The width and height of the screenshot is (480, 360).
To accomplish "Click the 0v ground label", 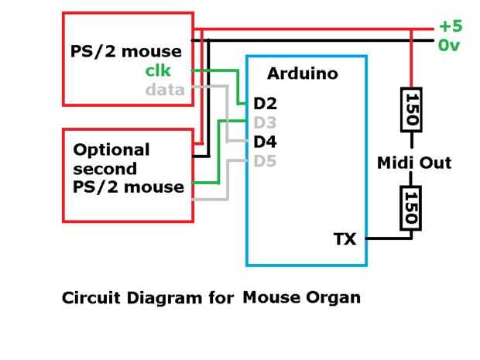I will (450, 46).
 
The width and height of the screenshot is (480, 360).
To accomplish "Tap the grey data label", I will (165, 89).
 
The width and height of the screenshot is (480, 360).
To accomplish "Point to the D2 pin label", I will (265, 103).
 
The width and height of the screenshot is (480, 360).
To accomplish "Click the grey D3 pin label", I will (265, 122).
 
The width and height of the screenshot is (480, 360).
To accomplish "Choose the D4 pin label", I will (265, 142).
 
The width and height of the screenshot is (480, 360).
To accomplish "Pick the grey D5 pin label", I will (265, 161).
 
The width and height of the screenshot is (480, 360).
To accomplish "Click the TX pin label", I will (345, 239).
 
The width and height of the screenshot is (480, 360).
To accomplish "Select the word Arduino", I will (303, 74).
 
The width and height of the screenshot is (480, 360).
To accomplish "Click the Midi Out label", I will (413, 163).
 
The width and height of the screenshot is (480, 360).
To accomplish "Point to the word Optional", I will (111, 149).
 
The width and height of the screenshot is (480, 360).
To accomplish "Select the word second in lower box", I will (105, 168).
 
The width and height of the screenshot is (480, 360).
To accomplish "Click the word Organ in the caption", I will (333, 297).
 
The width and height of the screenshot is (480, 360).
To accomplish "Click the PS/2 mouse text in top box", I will (125, 52).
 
